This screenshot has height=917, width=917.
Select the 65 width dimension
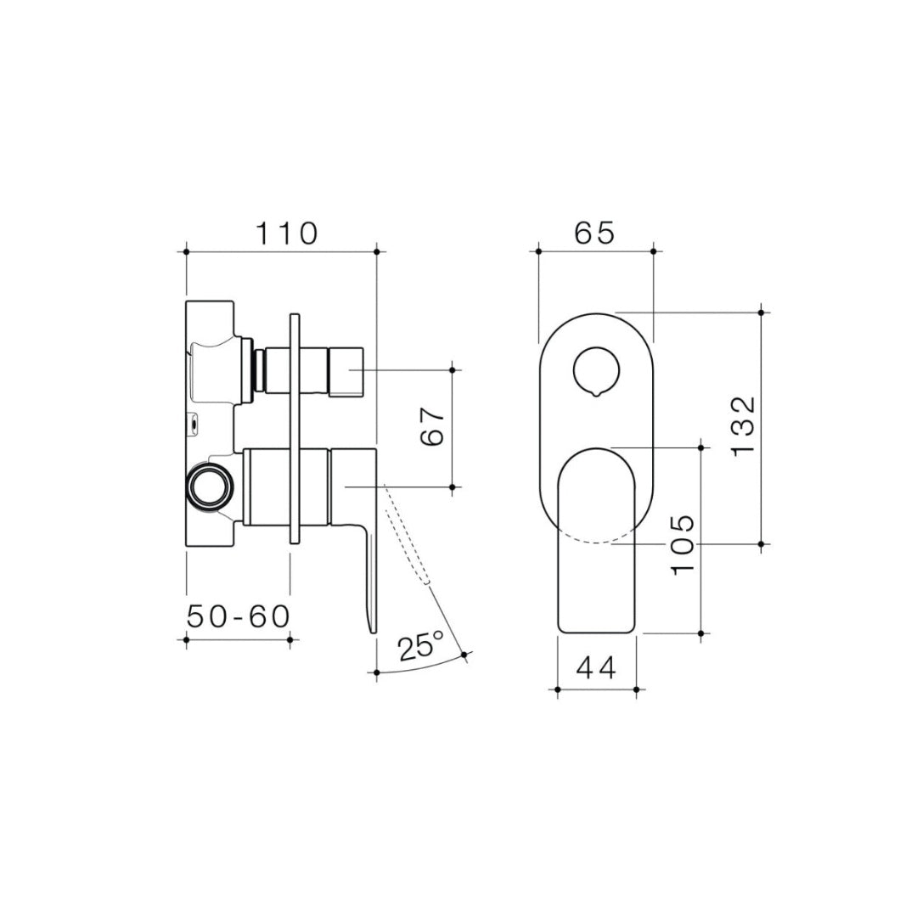pos(594,233)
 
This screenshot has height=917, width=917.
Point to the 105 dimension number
pos(684,544)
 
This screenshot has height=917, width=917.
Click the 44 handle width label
pos(596,669)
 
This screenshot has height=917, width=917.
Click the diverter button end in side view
pos(346,372)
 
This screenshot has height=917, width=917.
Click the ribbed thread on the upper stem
pos(252,372)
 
